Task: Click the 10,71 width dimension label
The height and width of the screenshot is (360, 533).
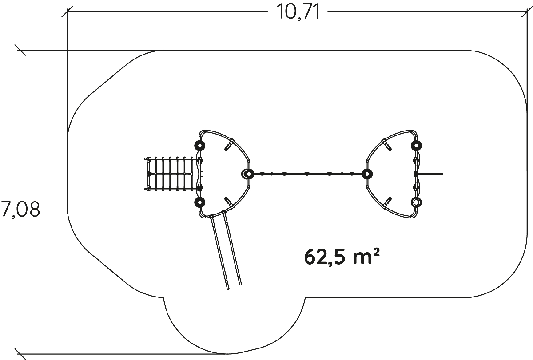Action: tap(298, 12)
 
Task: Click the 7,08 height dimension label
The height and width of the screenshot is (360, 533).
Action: tap(20, 209)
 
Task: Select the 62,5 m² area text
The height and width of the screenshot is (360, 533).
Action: tap(342, 257)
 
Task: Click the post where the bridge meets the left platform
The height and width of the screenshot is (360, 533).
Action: tap(248, 174)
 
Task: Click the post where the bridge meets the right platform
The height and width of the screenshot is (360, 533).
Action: tap(367, 174)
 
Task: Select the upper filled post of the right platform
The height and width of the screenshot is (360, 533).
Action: tap(416, 145)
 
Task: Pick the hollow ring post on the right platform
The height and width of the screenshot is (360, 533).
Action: tap(416, 202)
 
